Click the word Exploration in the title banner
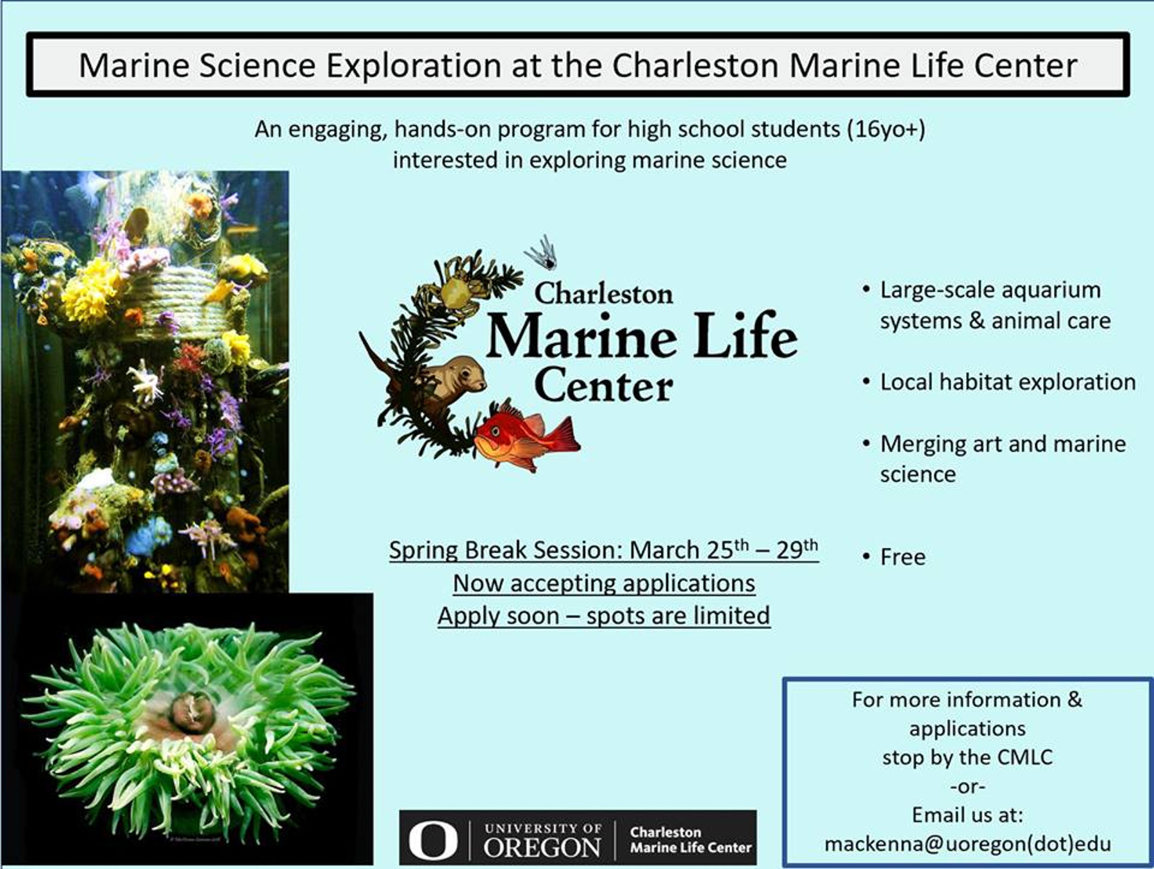[413, 65]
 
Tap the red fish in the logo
[527, 436]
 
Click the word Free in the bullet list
[903, 557]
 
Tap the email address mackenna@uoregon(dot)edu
[967, 844]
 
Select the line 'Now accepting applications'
[604, 583]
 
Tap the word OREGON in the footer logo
[542, 847]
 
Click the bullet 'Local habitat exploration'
[1008, 382]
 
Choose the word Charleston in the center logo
[604, 294]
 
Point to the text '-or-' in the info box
[967, 786]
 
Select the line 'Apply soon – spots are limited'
[604, 616]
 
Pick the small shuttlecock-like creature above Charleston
[542, 252]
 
